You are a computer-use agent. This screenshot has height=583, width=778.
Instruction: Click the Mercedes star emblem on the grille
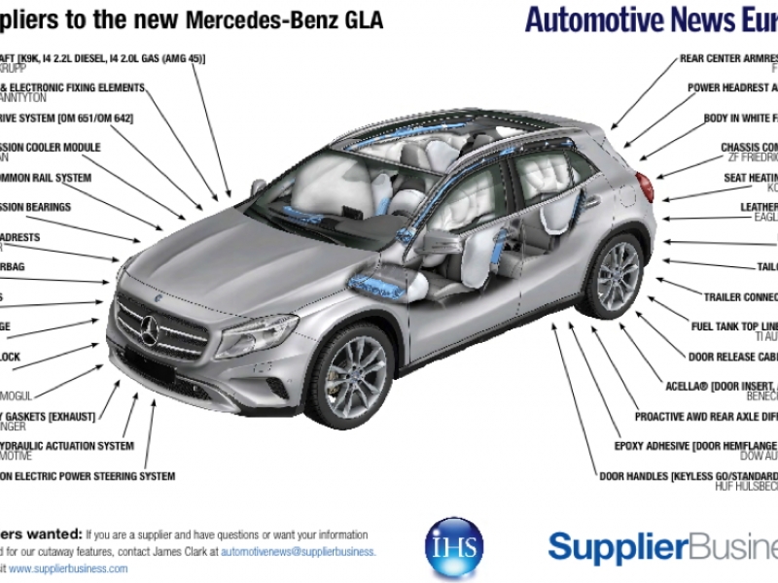[x=150, y=331]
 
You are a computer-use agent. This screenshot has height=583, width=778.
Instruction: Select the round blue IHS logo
[x=454, y=548]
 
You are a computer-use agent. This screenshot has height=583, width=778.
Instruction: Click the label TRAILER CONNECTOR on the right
[x=740, y=297]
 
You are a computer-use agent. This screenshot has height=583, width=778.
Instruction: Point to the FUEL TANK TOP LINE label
[x=733, y=326]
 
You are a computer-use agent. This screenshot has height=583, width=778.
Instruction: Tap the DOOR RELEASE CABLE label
[x=732, y=357]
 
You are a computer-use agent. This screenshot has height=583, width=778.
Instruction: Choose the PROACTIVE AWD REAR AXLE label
[x=706, y=417]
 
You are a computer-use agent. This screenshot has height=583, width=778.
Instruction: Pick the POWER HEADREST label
[x=732, y=88]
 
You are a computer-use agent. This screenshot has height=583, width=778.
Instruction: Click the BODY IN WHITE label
[x=740, y=119]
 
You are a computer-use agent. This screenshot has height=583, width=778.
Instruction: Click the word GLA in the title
[x=362, y=20]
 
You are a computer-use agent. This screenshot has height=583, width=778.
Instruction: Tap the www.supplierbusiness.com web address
[x=68, y=568]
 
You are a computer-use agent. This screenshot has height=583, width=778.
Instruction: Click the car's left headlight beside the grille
[x=256, y=335]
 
